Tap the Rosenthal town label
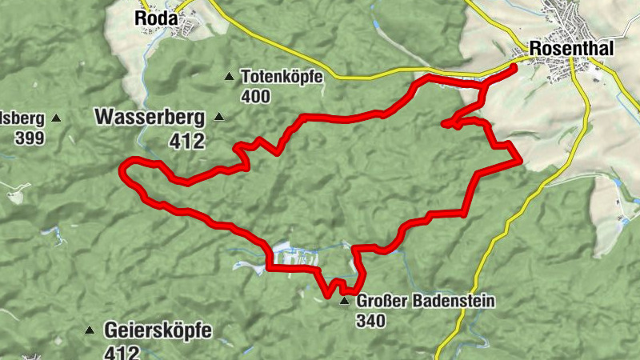pos(571,50)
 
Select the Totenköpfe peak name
pos(281,78)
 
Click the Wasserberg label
pos(150,117)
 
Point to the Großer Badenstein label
pos(426,302)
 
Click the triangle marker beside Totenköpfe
pos(229,77)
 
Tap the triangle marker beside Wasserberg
pos(219,117)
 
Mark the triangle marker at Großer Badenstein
pos(345,301)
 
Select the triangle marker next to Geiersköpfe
pos(90,330)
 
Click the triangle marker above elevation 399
pos(56,118)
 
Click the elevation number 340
pos(372,321)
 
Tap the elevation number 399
pos(29,137)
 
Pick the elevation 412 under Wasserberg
pos(187,141)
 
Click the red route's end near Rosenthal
pos(514,67)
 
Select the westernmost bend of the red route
pos(122,168)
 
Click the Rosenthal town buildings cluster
pos(576,24)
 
